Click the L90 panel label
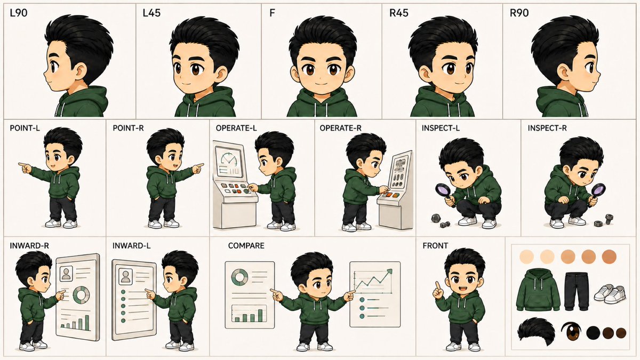(19, 13)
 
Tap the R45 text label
(399, 13)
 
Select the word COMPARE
(246, 246)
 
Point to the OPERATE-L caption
(236, 128)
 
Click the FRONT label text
(435, 246)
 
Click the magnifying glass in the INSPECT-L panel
(443, 192)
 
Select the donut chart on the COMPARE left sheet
(239, 277)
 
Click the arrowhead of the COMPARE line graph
(389, 271)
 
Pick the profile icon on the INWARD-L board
(125, 277)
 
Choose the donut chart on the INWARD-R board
(82, 295)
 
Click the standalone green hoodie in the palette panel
(538, 290)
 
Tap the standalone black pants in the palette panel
(577, 291)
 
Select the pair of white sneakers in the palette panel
(610, 294)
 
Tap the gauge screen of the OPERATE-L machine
(229, 162)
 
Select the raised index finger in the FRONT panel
(437, 286)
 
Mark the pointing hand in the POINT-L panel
(25, 167)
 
